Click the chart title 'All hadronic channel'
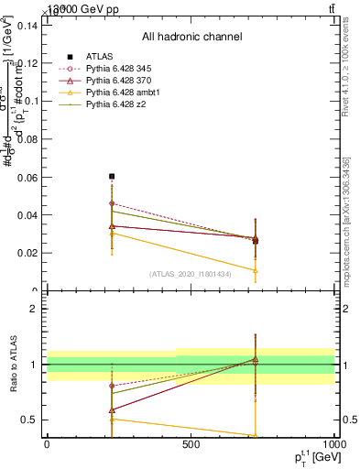click(x=191, y=38)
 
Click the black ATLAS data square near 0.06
click(x=112, y=176)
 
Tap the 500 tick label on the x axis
click(x=191, y=444)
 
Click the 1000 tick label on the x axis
click(x=332, y=444)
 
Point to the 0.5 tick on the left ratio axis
click(x=27, y=420)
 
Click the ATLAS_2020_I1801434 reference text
click(x=191, y=274)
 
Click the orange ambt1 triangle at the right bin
click(x=255, y=270)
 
